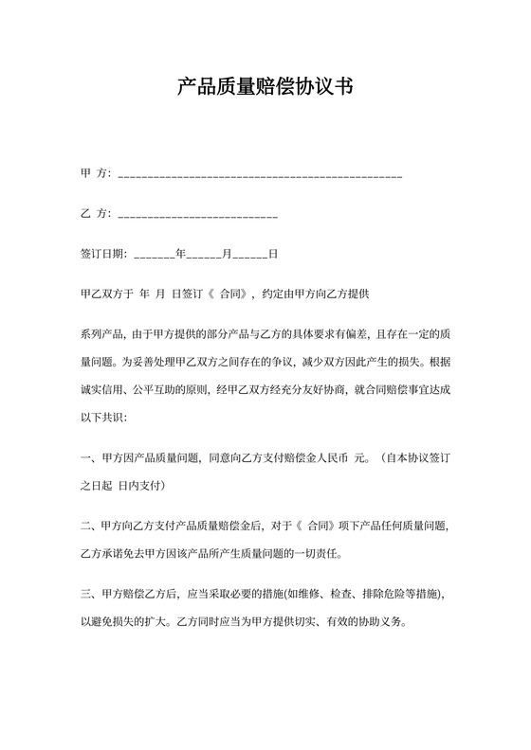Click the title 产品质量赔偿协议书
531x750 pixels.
[265, 89]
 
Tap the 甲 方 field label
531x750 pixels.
[96, 173]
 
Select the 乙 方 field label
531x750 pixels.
[96, 214]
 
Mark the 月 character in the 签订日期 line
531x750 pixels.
[227, 254]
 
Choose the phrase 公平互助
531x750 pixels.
[161, 388]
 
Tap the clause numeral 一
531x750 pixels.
[86, 458]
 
